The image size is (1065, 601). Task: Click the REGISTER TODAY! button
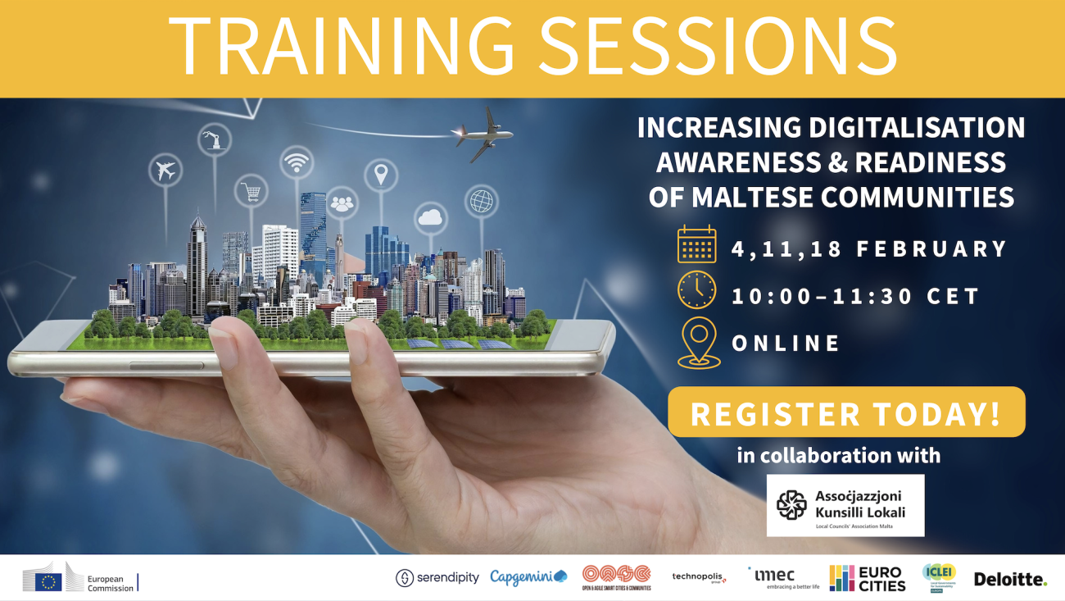(x=846, y=412)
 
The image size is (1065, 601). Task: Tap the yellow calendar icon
(x=696, y=245)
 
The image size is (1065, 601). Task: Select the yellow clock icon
(x=696, y=292)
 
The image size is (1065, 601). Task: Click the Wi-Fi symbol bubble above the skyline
(x=297, y=162)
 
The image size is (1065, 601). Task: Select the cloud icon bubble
(x=430, y=217)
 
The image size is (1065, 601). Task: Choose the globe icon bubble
(x=481, y=201)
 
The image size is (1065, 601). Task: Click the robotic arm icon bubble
(x=215, y=139)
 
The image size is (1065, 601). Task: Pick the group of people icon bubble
(x=342, y=203)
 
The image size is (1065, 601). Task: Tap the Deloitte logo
(x=1009, y=579)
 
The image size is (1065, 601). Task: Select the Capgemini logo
(x=528, y=578)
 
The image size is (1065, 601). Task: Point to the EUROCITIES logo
(x=867, y=578)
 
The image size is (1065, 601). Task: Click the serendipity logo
(x=437, y=578)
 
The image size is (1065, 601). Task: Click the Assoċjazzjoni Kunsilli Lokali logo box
(x=845, y=505)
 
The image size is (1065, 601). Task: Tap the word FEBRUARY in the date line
(x=931, y=249)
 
